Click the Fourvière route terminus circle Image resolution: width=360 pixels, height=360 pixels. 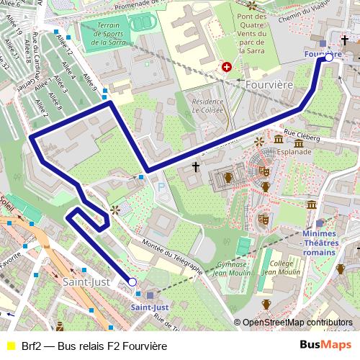click(329, 57)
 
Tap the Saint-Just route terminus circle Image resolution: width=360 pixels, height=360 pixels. click(132, 282)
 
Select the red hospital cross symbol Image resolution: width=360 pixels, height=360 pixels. click(228, 68)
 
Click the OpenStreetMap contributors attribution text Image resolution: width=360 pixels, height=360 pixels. click(297, 323)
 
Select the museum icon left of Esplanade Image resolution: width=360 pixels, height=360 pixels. click(278, 139)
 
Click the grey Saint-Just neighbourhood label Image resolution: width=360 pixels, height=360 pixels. click(86, 282)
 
